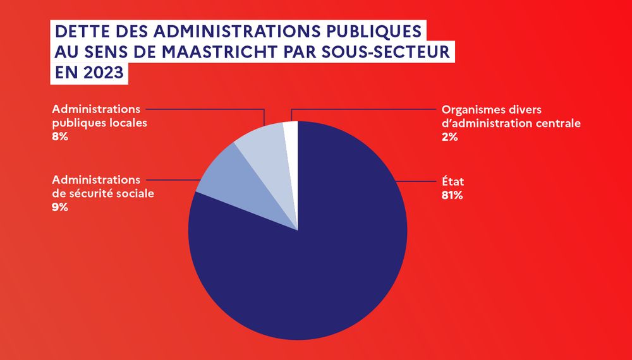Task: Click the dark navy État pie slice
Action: pyautogui.click(x=310, y=253)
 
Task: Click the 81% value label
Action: pyautogui.click(x=453, y=195)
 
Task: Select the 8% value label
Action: pyautogui.click(x=60, y=136)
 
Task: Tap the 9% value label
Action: pyautogui.click(x=60, y=207)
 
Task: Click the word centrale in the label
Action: pyautogui.click(x=559, y=123)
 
